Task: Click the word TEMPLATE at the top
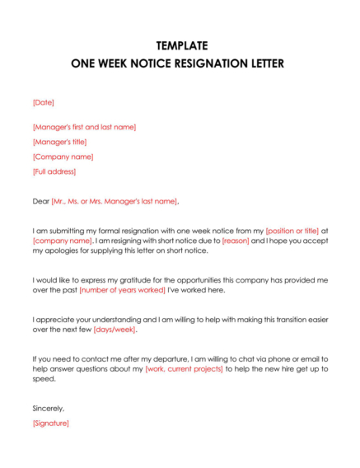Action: pos(180,45)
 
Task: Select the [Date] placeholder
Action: pos(43,102)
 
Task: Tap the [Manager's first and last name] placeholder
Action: pos(84,127)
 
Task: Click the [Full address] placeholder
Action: pos(54,171)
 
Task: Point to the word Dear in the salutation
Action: pos(41,201)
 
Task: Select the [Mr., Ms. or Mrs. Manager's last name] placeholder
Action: pos(115,201)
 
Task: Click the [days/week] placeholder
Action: pos(115,330)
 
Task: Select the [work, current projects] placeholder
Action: pos(184,369)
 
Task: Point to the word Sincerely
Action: pos(49,408)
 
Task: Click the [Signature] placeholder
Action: pos(51,423)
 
